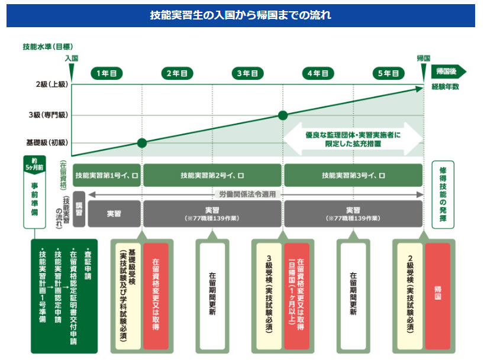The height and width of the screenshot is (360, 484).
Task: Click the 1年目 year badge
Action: pos(107,73)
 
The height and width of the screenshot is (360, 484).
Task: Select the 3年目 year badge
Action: pos(247,73)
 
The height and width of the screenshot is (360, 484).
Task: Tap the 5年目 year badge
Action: pos(388,73)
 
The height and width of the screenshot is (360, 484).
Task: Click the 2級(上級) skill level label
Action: pos(52,84)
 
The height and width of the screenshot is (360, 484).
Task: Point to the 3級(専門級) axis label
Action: pos(48,115)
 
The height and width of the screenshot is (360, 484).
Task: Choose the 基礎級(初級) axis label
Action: pos(47,142)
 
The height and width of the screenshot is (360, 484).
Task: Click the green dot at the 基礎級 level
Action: pos(142,143)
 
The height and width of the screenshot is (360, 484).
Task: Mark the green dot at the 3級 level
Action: pos(283,115)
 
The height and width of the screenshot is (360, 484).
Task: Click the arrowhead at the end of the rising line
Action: pos(420,89)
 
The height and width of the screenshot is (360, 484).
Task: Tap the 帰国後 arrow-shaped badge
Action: pos(448,72)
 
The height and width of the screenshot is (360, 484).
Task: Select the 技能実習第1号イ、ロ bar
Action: pos(107,175)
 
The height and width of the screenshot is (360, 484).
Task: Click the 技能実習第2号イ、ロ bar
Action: pos(212,175)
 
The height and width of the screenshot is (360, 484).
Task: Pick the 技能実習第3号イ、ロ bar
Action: pos(353,175)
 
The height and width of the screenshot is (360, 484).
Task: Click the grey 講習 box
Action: pos(79,209)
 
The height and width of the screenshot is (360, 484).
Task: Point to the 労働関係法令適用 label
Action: pos(247,194)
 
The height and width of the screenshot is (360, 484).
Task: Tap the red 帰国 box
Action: pos(438,296)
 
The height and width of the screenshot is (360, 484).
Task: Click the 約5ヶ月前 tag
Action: pos(34,165)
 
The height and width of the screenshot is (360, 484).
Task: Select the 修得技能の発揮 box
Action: pos(443,194)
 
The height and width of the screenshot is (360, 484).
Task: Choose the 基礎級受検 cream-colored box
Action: pos(128,296)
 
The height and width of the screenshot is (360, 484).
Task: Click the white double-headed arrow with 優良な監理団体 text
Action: pos(353,139)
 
